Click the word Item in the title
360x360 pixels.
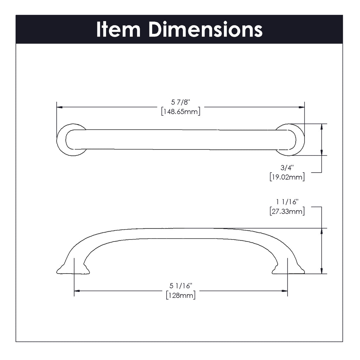(118, 30)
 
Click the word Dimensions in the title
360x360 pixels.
(205, 30)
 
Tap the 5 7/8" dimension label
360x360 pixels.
(181, 102)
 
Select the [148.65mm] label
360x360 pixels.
(181, 112)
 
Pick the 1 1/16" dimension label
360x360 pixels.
(287, 202)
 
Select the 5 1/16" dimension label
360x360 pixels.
(181, 286)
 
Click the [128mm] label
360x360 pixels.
(181, 295)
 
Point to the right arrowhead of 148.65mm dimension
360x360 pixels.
(302, 107)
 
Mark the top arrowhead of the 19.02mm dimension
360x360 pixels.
(322, 127)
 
